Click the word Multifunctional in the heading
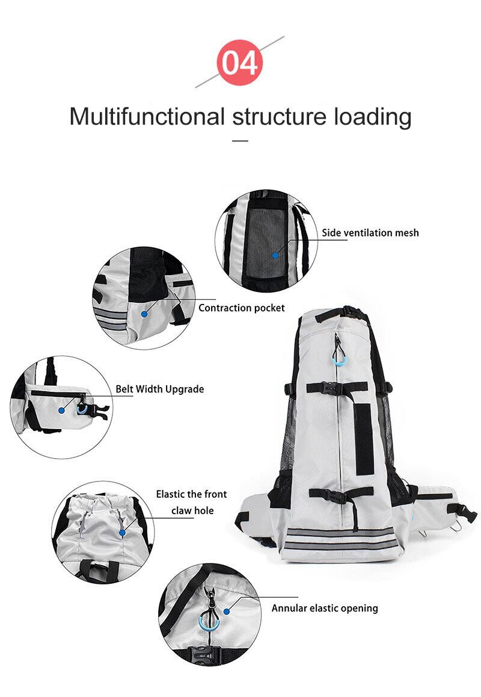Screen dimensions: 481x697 147,116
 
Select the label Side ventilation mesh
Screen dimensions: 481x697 370,233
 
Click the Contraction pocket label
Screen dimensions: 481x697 242,308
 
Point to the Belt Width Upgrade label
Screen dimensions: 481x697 160,389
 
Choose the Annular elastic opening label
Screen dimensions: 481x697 325,608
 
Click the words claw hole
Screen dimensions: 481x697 192,511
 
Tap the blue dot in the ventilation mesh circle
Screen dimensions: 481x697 275,255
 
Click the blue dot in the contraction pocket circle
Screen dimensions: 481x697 144,314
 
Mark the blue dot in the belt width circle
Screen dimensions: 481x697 61,409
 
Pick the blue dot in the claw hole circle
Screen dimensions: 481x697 122,532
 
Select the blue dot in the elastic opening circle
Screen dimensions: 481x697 227,610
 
